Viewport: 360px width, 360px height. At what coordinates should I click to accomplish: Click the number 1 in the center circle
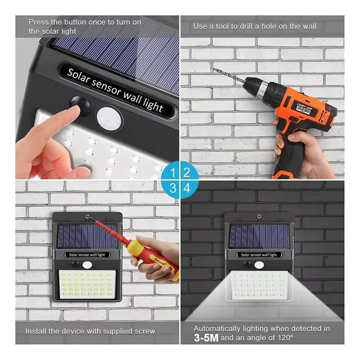[172, 172]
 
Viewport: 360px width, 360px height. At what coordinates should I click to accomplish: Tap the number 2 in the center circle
[187, 172]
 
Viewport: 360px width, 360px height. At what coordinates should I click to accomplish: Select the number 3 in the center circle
[172, 188]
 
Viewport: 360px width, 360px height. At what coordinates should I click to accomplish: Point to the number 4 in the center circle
[187, 188]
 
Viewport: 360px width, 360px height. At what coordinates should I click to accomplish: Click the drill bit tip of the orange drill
[215, 69]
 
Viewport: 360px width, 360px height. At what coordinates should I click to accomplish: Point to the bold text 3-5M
[206, 338]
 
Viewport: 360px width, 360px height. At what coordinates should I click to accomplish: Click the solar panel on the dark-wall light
[259, 236]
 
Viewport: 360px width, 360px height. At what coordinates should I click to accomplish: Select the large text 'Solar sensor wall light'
[115, 90]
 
